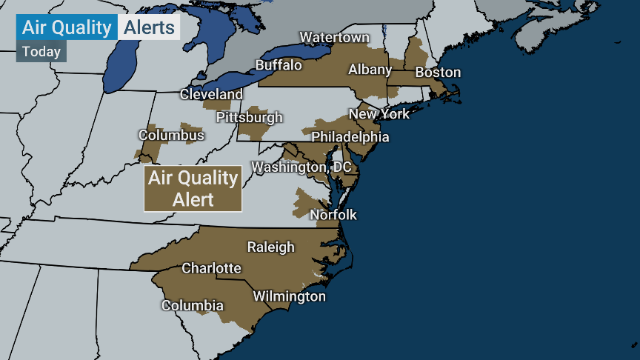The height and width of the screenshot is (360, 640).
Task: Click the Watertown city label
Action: coord(334,38)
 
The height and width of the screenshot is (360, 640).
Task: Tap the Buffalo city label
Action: coord(279,65)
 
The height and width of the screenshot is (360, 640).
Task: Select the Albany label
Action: coord(370,70)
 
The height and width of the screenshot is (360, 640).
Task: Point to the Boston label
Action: coord(438,73)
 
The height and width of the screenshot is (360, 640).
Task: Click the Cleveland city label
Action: coord(211,95)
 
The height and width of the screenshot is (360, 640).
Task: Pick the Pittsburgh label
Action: coord(250,117)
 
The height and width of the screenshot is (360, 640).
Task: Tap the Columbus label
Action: coord(171,136)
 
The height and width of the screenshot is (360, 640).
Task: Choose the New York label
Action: coord(379,114)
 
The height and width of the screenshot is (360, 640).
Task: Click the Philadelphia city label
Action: coord(350,137)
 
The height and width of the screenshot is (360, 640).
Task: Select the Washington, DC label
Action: coord(301,167)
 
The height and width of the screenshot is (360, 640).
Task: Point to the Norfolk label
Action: coord(333,215)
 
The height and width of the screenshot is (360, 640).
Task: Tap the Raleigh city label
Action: coord(270,247)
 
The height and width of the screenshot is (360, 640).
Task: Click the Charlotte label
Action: coord(211,267)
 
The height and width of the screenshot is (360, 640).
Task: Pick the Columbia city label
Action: coord(193,305)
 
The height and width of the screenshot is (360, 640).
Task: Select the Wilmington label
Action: coord(289,296)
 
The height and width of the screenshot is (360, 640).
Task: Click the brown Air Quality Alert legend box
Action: coord(193,188)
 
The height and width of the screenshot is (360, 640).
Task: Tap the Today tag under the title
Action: coord(41,52)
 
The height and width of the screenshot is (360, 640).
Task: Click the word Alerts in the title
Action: coord(149,28)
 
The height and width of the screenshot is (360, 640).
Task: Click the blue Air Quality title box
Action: coord(67,28)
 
